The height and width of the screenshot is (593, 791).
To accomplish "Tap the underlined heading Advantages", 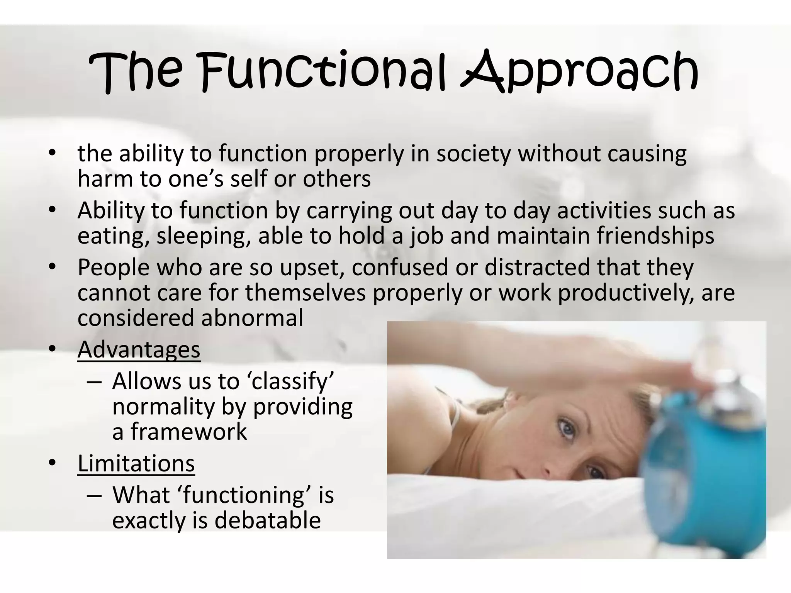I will pyautogui.click(x=139, y=349).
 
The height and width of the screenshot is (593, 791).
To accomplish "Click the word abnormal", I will pyautogui.click(x=252, y=318).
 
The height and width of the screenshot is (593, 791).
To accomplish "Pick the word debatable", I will pyautogui.click(x=267, y=520).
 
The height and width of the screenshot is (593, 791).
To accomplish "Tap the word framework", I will pyautogui.click(x=188, y=432).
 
